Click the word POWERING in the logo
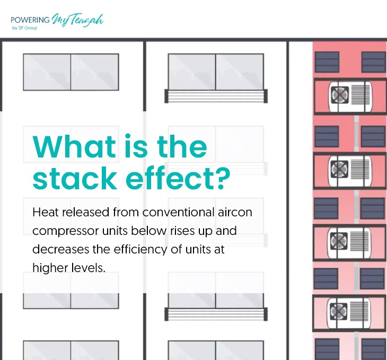(30, 20)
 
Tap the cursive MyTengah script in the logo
(77, 20)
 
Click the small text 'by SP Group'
(25, 28)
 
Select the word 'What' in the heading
(74, 146)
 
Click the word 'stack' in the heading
(75, 178)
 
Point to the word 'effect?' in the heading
(178, 178)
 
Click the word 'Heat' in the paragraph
(46, 212)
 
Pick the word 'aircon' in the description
(235, 213)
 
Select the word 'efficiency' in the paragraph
(140, 249)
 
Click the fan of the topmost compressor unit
(340, 95)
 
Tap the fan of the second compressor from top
(339, 169)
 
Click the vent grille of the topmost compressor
(360, 94)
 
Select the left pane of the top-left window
(47, 72)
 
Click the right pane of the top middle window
(240, 72)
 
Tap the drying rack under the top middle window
(216, 96)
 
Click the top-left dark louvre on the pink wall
(327, 62)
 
